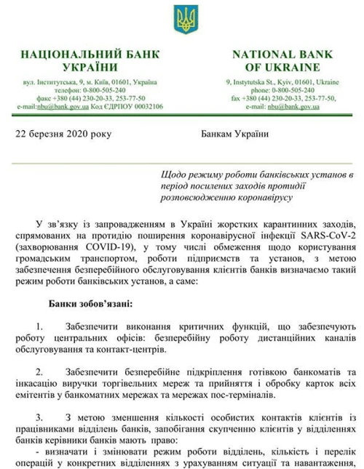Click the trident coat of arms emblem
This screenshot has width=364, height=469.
coord(181,20)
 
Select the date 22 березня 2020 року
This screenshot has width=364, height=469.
coord(59,134)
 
